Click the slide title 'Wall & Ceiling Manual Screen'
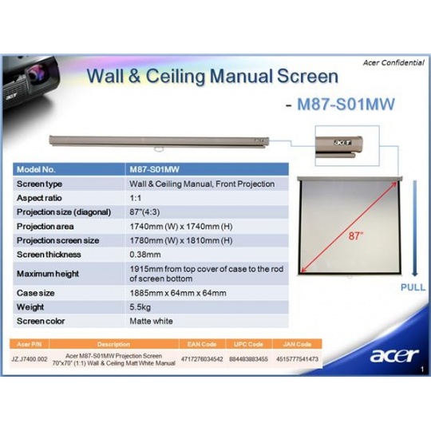pos(212,76)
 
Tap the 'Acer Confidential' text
pos(393,63)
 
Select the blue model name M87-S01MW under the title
pos(346,105)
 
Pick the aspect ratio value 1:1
pos(135,198)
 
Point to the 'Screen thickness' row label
pos(49,255)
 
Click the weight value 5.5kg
pos(140,307)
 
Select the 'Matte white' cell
pos(151,321)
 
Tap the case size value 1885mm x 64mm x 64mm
pos(178,293)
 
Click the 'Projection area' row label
pos(45,227)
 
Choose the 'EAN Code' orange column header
pos(202,344)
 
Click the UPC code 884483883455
pos(248,359)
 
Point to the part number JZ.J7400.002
pos(30,359)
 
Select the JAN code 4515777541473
pos(297,359)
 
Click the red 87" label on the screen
pos(356,235)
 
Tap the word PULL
pos(413,287)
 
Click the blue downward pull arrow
pos(415,228)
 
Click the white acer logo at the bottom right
pos(394,355)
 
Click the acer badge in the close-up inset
pos(342,143)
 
